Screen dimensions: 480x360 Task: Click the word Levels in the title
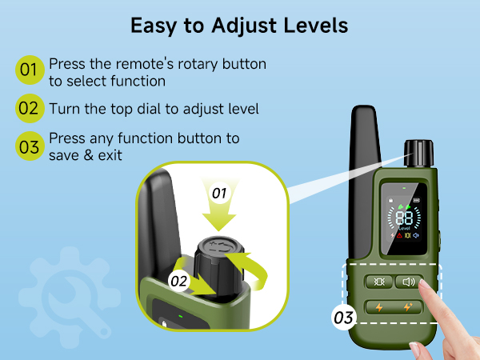coord(316,26)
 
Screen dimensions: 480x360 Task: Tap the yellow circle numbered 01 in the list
coord(30,70)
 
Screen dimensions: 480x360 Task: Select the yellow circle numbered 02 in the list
coord(30,108)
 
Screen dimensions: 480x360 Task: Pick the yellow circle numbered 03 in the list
coord(30,146)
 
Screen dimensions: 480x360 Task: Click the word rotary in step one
coord(198,65)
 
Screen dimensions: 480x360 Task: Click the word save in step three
coord(64,155)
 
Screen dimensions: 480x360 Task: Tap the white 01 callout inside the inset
coord(219,193)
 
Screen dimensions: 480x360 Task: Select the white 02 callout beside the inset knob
coord(178,281)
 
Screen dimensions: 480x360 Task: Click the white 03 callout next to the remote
coord(343,318)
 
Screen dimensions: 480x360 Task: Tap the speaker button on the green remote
coord(409,282)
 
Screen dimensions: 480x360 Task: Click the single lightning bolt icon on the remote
coord(379,307)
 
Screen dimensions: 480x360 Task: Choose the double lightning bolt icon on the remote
coord(407,306)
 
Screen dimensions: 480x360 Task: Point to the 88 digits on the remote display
coord(404,218)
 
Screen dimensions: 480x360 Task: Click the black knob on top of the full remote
coord(418,154)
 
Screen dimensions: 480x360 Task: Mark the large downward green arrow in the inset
coord(219,205)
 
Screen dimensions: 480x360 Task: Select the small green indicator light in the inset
coord(181,316)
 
